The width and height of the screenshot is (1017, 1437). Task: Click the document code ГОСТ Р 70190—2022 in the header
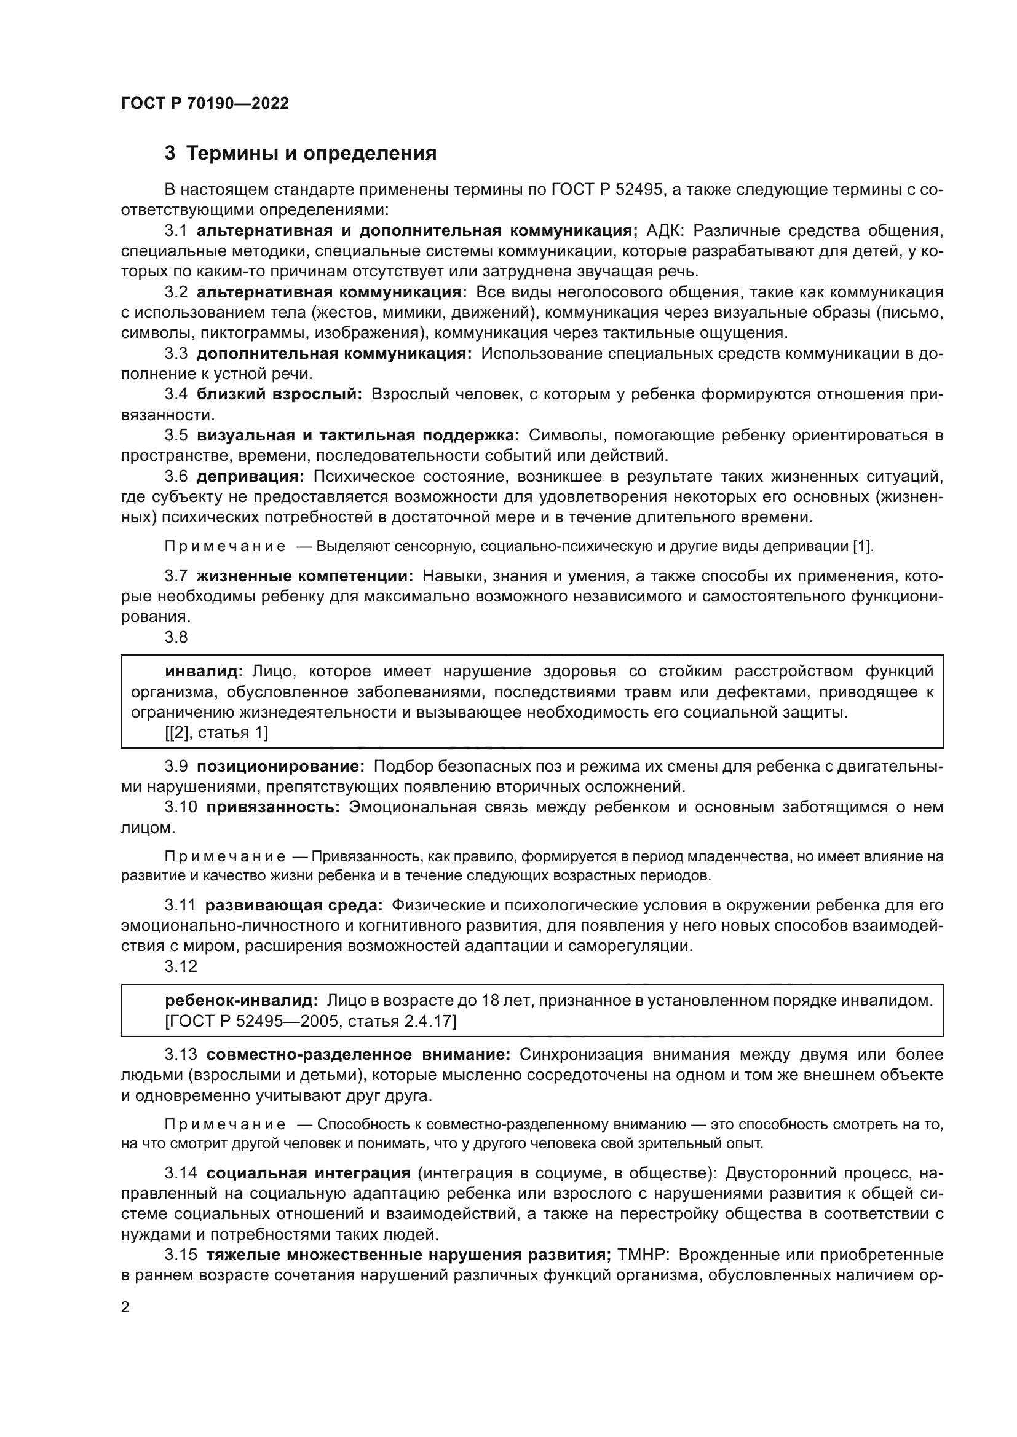point(205,104)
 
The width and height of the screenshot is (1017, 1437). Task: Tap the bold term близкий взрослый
point(279,394)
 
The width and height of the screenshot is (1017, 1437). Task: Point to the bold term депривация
point(250,477)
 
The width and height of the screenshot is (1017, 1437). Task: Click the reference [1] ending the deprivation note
point(862,546)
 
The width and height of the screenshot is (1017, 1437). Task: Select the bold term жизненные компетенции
point(304,576)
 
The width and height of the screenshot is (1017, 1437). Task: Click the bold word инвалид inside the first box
point(204,672)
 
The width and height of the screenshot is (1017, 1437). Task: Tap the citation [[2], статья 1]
point(216,732)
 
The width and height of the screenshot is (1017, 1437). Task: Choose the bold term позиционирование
point(280,767)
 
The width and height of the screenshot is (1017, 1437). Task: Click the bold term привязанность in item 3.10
point(272,807)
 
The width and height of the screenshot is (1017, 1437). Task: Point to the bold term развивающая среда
point(294,906)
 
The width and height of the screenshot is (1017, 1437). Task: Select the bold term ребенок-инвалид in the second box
point(241,1001)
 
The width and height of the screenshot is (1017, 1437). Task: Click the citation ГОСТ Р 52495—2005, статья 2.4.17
point(310,1022)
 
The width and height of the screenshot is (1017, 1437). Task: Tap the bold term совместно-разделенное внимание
point(358,1055)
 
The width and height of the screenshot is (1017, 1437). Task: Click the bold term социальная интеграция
point(308,1173)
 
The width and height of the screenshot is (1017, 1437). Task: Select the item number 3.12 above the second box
point(180,967)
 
